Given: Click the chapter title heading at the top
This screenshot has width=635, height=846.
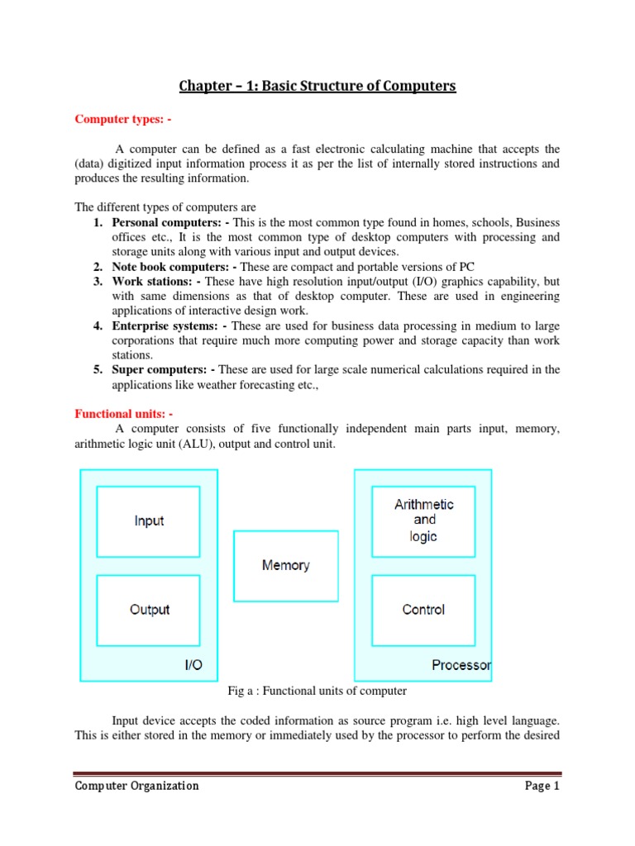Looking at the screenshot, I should [x=317, y=86].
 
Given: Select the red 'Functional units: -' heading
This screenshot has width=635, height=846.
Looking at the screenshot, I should [x=124, y=413].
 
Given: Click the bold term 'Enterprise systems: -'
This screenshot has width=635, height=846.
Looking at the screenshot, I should [x=169, y=326].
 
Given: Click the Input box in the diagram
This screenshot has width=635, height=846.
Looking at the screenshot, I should [x=149, y=521].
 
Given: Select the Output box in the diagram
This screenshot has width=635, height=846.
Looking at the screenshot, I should [x=149, y=610].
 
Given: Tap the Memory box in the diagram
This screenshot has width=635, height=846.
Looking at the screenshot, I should [x=286, y=566].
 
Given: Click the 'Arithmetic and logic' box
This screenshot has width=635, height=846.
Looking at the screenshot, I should [x=423, y=520].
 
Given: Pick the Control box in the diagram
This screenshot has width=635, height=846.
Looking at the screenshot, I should [x=423, y=610].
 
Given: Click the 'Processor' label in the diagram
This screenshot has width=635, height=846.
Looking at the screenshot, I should [x=461, y=665].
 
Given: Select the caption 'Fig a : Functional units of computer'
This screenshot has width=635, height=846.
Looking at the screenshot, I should [x=317, y=691].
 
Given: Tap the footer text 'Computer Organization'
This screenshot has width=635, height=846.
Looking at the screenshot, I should [x=136, y=786].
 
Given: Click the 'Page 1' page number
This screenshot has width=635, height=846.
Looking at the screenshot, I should [x=542, y=786].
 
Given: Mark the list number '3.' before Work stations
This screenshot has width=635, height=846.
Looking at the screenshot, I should [x=98, y=282].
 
